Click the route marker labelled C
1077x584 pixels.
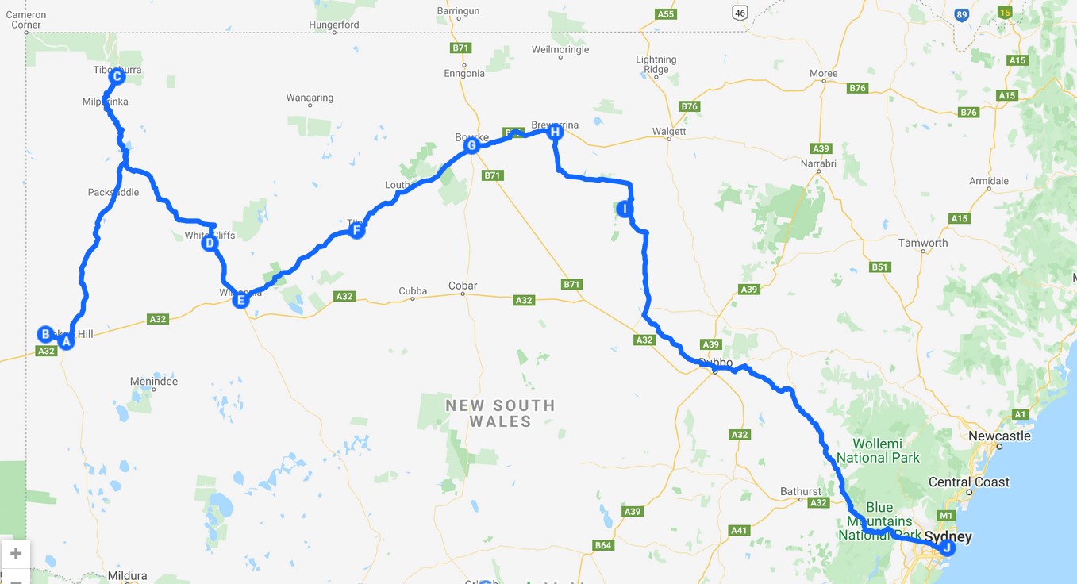(117, 77)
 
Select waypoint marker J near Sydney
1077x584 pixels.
(946, 547)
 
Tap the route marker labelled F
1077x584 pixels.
(356, 231)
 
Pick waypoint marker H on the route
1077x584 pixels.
(556, 132)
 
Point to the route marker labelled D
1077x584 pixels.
(210, 243)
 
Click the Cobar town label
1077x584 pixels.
(463, 286)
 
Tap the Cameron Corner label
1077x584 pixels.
(26, 20)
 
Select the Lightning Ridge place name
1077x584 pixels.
(656, 64)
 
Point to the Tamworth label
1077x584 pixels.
(923, 243)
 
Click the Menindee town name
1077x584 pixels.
(154, 382)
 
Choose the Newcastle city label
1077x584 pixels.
(999, 436)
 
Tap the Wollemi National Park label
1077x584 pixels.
(878, 450)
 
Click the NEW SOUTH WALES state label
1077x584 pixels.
(500, 413)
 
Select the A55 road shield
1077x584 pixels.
(665, 14)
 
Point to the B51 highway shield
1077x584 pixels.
(879, 267)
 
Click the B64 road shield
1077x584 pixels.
(603, 545)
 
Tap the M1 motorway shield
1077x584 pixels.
(944, 515)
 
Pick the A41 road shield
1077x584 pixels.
(739, 530)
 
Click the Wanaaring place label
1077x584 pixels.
(310, 98)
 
